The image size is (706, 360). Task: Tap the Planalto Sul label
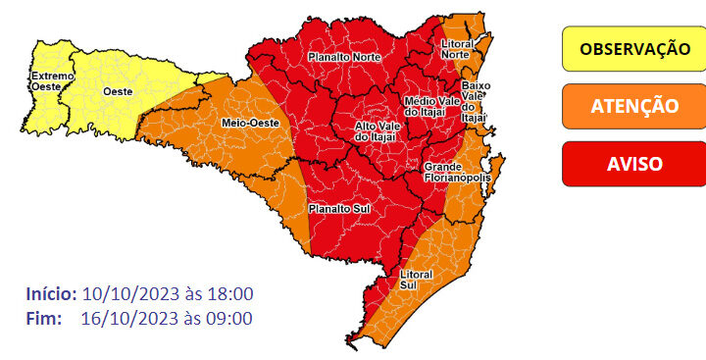[x=337, y=209]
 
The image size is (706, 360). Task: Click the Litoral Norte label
[x=457, y=50]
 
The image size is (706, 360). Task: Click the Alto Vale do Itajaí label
[x=375, y=131]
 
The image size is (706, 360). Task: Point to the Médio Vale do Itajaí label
[x=431, y=107]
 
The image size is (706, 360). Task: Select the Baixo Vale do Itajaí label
[x=475, y=96]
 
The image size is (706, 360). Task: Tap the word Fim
[x=44, y=318]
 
